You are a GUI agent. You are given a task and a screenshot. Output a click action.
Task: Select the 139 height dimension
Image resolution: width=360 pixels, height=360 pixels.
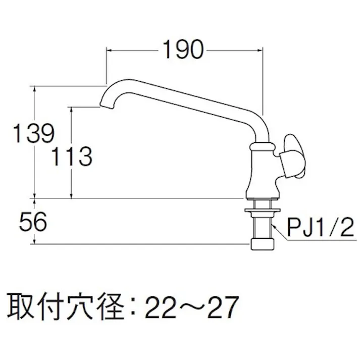[x=32, y=134]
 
